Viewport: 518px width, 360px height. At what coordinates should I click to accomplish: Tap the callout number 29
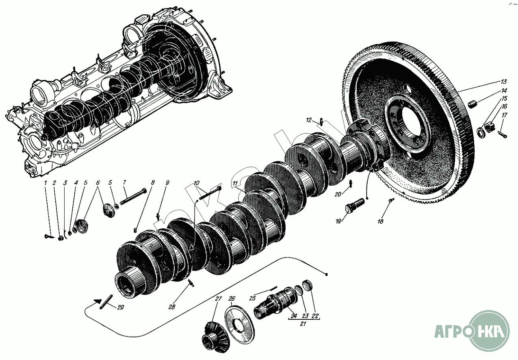tap(120, 308)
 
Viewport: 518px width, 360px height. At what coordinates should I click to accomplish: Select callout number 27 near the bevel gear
tap(219, 299)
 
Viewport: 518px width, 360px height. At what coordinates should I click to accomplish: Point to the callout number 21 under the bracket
tap(303, 324)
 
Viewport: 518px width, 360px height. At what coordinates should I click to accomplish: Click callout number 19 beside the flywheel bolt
tap(338, 221)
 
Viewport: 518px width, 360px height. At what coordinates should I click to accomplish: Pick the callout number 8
tap(153, 183)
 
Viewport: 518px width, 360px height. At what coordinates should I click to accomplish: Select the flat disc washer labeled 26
tap(239, 321)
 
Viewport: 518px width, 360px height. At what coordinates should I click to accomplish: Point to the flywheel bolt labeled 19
tap(355, 204)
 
